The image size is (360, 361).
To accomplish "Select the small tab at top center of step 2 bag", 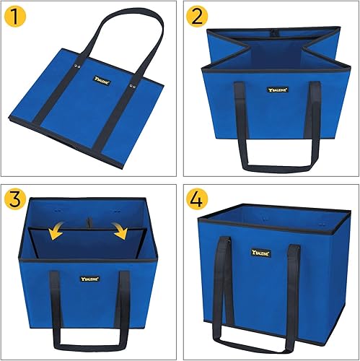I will [x=272, y=33].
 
